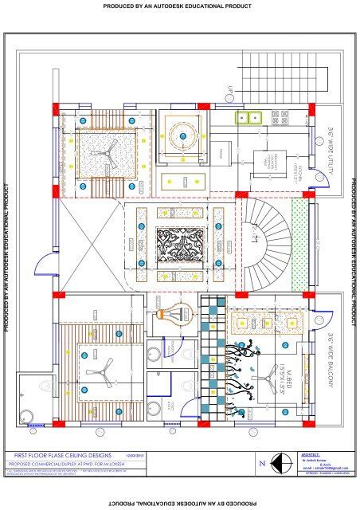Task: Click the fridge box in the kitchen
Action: tap(221, 150)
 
